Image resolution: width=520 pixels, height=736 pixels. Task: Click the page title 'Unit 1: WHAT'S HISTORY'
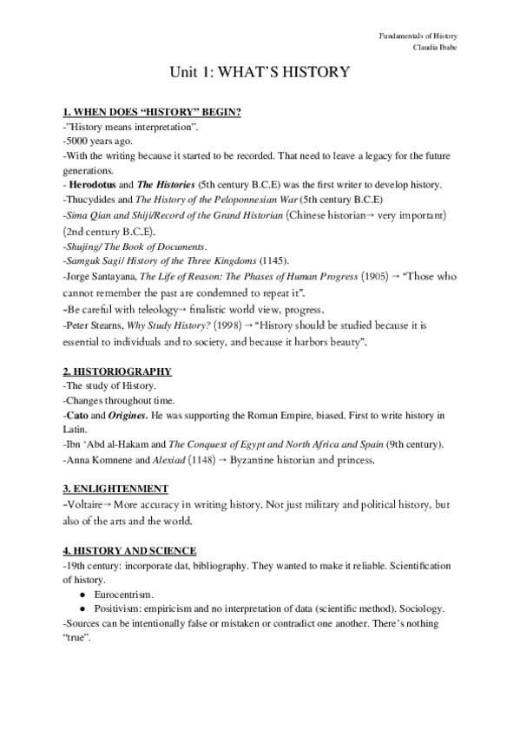260,73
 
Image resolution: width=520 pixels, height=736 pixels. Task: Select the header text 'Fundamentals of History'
418,36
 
